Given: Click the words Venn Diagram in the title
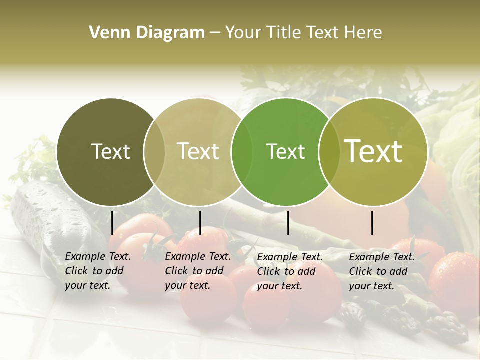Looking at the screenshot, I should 147,33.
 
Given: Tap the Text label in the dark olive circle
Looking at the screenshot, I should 110,151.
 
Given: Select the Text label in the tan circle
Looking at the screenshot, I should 198,151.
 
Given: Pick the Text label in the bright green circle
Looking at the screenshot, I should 285,151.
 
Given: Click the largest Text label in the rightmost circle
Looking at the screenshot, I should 373,151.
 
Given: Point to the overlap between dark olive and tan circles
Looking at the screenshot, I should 154,152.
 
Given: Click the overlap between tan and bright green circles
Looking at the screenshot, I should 242,152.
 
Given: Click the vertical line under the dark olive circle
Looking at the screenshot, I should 112,223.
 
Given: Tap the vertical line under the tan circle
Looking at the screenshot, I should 200,223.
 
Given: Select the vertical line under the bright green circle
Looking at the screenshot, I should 288,223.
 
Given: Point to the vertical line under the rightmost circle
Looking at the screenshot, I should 372,223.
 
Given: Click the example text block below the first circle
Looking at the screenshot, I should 98,271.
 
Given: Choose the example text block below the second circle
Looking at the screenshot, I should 198,271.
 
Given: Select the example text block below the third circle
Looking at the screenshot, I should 290,271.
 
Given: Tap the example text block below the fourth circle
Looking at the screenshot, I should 382,271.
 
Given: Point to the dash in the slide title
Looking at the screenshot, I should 214,33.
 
